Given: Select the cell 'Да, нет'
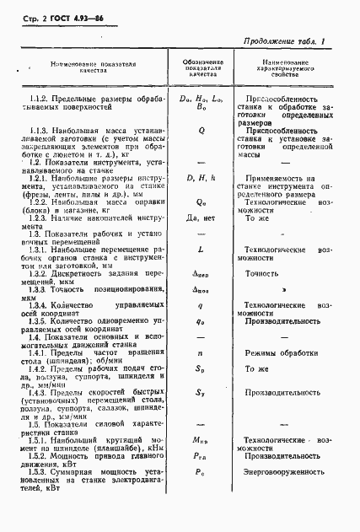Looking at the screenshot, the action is pos(201,218).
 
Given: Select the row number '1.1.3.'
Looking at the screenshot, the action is pos(40,132).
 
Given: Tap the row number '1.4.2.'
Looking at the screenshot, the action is pos(40,368).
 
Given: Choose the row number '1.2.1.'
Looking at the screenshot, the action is pos(40,179).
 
